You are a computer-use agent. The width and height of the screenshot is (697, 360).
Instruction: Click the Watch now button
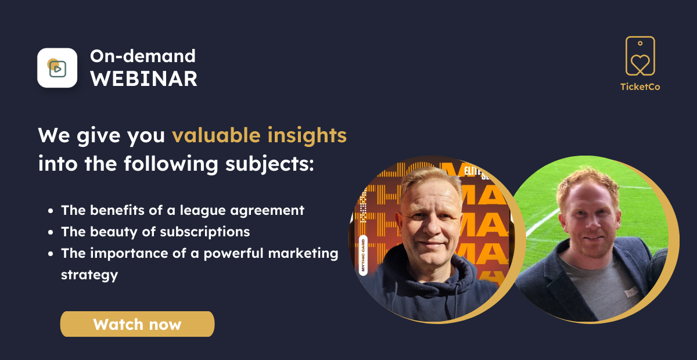coord(137,324)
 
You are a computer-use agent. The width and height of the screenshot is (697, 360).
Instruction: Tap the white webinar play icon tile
coord(58,68)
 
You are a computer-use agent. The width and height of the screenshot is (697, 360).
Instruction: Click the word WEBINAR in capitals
coord(144,79)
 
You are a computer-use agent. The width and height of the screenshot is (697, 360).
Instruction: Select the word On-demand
coord(143,56)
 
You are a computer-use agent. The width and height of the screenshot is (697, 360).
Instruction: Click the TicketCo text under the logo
coord(640,87)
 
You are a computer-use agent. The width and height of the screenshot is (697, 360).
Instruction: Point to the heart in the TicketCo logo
coord(640,63)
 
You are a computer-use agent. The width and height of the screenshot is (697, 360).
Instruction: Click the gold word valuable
coord(216,135)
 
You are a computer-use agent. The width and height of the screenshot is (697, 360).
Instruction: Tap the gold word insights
coord(307,135)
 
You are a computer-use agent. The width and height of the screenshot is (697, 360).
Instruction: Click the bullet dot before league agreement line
coord(51,211)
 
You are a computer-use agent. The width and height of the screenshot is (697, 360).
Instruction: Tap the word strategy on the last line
coord(89,275)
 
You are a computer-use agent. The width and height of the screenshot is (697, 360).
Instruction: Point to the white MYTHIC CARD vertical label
coord(363,255)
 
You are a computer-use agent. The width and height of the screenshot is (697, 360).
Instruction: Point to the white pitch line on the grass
coord(543,222)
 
